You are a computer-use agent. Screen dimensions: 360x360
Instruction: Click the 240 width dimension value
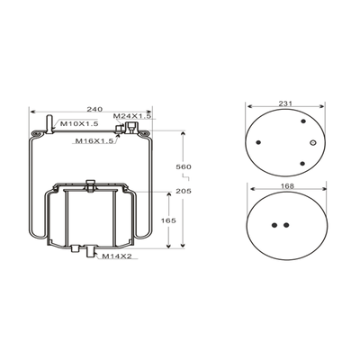click(94, 109)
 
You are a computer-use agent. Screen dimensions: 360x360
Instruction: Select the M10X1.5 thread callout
click(79, 123)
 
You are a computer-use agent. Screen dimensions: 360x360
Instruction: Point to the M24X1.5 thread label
click(132, 116)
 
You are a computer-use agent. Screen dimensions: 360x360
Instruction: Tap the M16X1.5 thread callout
click(94, 140)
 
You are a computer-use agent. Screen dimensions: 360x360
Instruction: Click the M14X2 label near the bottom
click(116, 256)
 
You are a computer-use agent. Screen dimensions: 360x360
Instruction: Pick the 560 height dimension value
click(184, 166)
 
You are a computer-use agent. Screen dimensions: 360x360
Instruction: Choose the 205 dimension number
click(184, 191)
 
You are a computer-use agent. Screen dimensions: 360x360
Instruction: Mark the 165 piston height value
click(168, 220)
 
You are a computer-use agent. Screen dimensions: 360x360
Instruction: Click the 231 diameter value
click(285, 103)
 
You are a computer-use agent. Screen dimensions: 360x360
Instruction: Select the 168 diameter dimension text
click(287, 186)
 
